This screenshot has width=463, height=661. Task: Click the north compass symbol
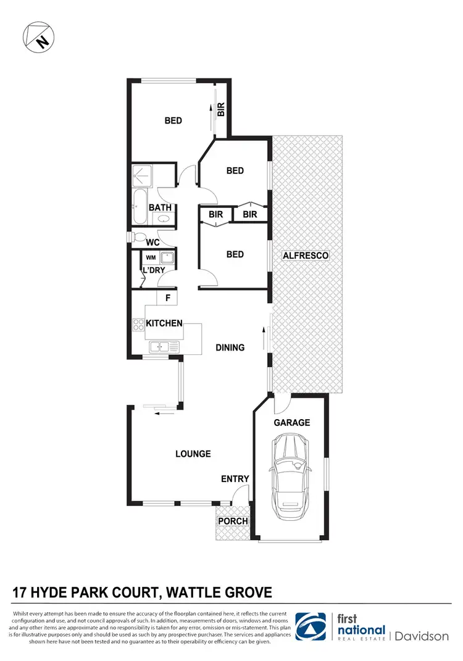pos(37,37)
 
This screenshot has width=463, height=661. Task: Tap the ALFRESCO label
pos(305,255)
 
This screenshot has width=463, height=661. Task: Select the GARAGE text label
pos(291,423)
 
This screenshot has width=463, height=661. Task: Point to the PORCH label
pos(233,522)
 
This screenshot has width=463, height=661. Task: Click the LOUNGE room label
pos(193,454)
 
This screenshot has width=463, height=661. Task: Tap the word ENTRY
pos(235,479)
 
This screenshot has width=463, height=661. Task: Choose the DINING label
pos(230,347)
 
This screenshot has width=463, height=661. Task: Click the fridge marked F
pos(167,298)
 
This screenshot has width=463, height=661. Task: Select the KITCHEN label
pos(164,323)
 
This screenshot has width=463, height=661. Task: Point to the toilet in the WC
pos(138,238)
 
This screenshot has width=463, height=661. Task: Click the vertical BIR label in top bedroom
pos(221,110)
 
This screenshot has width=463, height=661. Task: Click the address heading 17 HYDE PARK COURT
pos(142,593)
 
